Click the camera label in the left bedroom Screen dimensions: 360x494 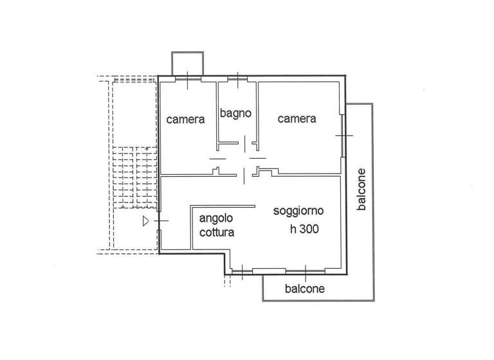186,120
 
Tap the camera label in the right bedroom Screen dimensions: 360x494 297,119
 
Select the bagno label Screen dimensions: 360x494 235,114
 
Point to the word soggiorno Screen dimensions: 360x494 298,211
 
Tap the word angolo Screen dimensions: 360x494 216,219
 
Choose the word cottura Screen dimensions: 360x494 216,233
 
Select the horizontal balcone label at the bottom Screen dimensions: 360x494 304,289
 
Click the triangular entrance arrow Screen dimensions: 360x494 146,221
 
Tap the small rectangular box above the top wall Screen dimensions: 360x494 187,62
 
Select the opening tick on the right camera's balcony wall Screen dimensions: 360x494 343,136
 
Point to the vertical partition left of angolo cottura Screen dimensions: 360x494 191,228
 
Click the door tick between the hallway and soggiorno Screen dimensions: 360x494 244,174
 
